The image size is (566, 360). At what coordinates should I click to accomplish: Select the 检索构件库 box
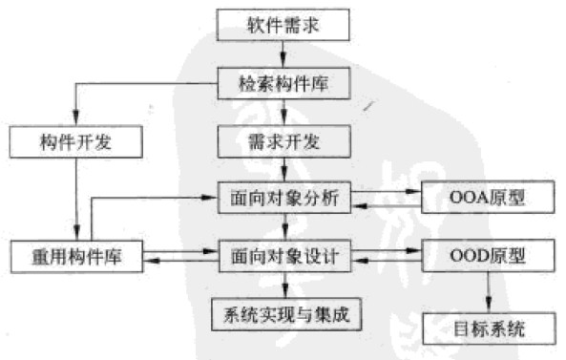tap(283, 83)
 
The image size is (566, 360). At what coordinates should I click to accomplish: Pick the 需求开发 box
tap(283, 142)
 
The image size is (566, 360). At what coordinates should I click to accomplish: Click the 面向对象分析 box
tap(283, 199)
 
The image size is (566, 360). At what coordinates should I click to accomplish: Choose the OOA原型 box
tap(487, 199)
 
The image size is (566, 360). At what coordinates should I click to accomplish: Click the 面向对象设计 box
tap(283, 256)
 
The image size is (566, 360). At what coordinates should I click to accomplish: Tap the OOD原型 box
tap(487, 256)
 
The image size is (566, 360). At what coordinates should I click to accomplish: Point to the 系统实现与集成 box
tap(283, 312)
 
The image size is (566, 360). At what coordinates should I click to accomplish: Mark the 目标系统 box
tap(487, 330)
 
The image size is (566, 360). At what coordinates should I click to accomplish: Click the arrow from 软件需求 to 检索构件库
tap(283, 53)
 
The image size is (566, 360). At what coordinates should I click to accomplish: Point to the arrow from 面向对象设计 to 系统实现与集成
tap(283, 284)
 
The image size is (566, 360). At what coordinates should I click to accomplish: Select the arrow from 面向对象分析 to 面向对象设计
tap(283, 227)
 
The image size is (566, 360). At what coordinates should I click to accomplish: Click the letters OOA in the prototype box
tap(467, 199)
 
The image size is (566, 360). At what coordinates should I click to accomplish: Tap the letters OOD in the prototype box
tap(467, 256)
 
